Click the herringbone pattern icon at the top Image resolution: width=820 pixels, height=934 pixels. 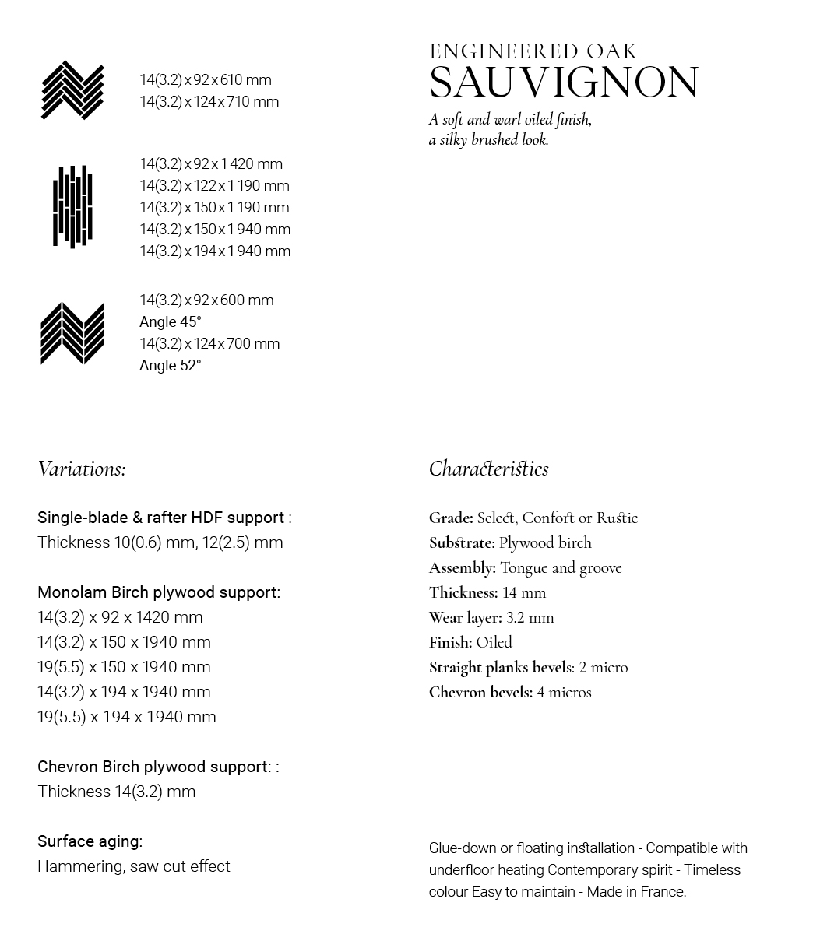72,90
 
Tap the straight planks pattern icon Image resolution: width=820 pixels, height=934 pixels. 72,206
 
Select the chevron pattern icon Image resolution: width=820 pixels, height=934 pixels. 72,333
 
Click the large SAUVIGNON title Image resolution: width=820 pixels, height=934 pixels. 564,83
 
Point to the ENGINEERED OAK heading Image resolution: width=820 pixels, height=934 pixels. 533,52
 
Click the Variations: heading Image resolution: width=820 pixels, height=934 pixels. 82,469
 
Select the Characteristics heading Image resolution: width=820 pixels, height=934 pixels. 488,469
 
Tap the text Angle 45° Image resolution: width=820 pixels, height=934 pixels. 171,322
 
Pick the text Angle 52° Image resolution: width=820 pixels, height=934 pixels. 171,366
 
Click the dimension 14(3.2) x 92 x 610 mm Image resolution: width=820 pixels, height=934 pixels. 206,80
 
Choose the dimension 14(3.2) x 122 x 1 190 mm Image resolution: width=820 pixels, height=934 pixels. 214,186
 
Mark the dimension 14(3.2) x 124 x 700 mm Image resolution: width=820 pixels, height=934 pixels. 209,344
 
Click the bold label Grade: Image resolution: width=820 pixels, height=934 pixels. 451,518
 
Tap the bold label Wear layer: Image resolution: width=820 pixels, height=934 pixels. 465,618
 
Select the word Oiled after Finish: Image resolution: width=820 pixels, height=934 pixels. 494,643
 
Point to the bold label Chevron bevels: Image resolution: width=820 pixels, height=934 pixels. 480,693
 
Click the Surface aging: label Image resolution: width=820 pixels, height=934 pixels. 90,841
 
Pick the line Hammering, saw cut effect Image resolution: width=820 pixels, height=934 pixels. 134,866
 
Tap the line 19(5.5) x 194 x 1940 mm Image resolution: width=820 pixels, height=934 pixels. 127,717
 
